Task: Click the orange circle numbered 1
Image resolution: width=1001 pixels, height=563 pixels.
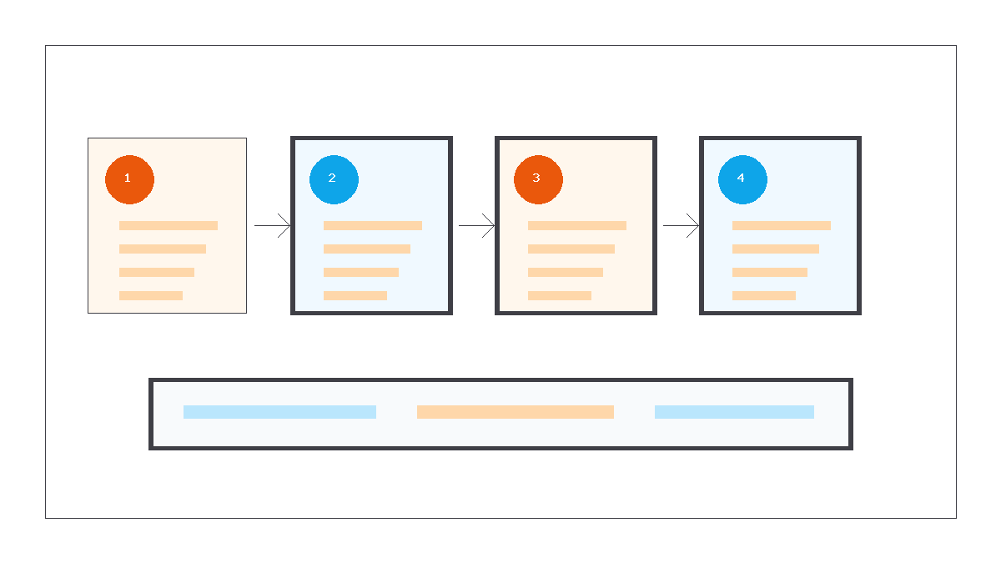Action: (x=129, y=179)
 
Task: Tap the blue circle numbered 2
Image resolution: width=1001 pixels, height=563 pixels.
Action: (x=334, y=179)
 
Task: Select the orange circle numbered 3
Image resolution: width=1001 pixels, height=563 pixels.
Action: (x=538, y=179)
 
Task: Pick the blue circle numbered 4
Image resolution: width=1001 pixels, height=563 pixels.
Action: (x=742, y=179)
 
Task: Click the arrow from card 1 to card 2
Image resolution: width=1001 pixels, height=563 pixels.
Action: (x=272, y=226)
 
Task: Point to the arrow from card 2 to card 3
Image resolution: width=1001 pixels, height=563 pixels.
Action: (x=476, y=226)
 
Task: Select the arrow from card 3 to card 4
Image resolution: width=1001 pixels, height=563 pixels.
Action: (x=681, y=226)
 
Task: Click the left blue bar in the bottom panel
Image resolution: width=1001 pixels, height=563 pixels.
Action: (x=279, y=412)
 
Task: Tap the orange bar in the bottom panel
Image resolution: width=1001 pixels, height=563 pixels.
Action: (x=516, y=412)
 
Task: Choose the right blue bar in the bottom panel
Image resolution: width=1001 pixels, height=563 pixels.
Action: (x=734, y=412)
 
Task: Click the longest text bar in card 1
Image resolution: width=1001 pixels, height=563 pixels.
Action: (x=169, y=226)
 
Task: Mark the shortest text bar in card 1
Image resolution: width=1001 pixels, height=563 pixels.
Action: (x=151, y=295)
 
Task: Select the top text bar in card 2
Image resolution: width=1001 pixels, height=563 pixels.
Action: (x=373, y=226)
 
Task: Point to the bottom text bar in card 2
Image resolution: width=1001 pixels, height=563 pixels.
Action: (x=355, y=295)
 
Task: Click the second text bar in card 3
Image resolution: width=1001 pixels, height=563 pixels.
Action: (x=571, y=249)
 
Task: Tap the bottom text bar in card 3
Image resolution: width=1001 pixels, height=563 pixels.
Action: (x=560, y=295)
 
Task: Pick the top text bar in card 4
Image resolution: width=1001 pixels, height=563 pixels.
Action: (x=782, y=226)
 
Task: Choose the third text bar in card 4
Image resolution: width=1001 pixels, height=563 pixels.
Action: (x=770, y=272)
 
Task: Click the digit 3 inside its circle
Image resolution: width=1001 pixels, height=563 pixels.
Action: (x=536, y=178)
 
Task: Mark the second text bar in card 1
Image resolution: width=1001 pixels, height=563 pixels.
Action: (x=163, y=249)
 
